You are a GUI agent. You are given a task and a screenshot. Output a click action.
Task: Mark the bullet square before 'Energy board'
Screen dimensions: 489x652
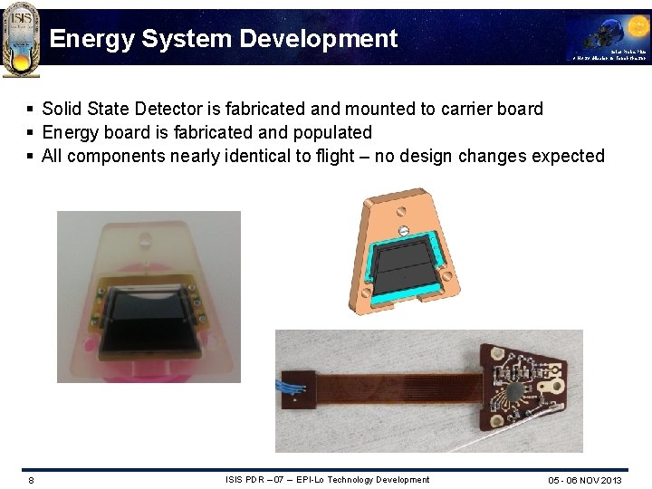32,132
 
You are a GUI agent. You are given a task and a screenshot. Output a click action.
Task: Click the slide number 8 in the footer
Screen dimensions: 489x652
31,480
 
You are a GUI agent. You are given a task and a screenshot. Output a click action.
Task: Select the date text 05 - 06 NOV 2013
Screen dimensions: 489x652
585,480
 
